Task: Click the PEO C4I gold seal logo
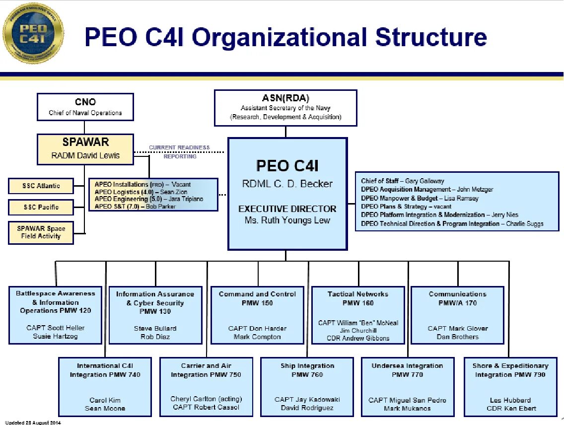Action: (33, 33)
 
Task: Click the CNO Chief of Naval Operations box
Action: (85, 107)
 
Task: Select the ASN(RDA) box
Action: (285, 107)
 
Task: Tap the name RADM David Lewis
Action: (85, 155)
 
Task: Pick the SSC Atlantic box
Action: (41, 186)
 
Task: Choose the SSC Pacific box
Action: (41, 207)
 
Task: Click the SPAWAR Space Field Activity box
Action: (41, 232)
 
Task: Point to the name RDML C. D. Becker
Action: (287, 184)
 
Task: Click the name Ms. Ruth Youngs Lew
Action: (287, 220)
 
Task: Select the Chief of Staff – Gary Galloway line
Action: (403, 181)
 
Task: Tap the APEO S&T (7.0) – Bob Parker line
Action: (135, 206)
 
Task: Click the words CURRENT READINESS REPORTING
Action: (180, 152)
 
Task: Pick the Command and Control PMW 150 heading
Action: (257, 298)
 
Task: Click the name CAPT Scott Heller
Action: (56, 328)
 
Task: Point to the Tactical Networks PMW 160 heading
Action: (358, 298)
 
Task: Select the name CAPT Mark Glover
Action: (458, 328)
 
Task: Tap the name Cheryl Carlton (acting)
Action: (206, 399)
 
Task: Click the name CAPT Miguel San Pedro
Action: (407, 400)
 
